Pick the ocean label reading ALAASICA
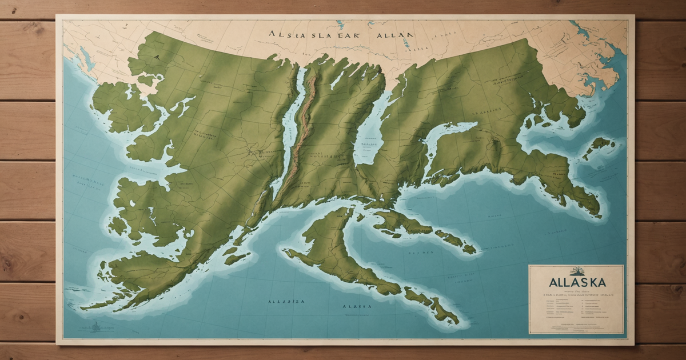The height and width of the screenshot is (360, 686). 286,301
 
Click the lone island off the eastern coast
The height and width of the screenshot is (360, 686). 599,146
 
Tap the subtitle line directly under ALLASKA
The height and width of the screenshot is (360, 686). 576,291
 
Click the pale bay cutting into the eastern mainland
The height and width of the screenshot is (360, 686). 452,134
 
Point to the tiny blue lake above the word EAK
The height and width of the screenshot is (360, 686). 340,25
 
